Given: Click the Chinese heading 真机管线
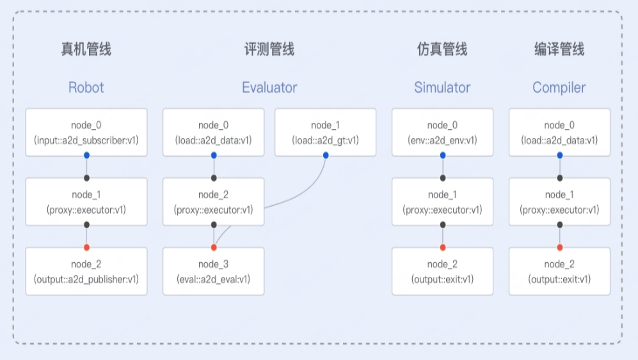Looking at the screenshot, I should (86, 49).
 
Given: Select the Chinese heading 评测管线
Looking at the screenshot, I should (269, 49).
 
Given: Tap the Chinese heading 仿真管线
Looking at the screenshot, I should (442, 49).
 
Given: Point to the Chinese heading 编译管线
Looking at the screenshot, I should (559, 49).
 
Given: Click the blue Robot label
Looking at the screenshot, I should (86, 88).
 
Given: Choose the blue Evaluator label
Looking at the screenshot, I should (269, 88).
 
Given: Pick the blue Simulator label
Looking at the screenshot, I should (442, 88).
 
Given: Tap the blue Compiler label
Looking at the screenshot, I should (559, 88).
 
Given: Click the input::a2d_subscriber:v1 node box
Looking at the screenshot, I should (86, 132).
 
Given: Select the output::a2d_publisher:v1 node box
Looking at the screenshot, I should (86, 271).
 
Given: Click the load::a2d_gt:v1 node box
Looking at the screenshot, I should (325, 132).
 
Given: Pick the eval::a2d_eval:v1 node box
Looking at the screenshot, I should (213, 271).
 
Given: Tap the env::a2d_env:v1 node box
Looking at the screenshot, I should (442, 132).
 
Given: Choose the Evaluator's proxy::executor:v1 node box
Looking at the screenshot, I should (213, 201).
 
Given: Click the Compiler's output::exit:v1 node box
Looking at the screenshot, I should (559, 271).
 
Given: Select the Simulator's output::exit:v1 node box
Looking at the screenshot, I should (442, 271).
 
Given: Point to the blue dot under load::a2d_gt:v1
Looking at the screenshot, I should (325, 155).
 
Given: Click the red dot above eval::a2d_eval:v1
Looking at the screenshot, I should (214, 247).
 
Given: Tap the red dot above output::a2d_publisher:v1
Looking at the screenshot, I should (86, 247).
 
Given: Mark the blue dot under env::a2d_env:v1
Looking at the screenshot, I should (443, 155).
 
